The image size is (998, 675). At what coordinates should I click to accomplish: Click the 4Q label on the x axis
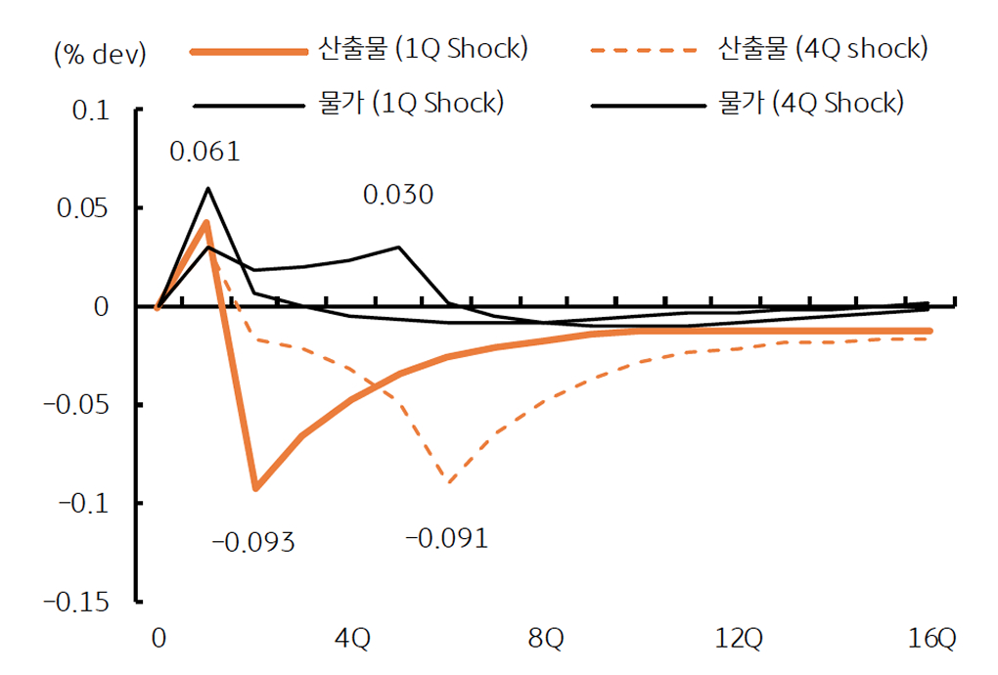(x=351, y=640)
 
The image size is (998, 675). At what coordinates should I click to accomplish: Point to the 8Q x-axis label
(x=545, y=640)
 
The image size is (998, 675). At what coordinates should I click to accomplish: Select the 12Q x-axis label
(x=739, y=640)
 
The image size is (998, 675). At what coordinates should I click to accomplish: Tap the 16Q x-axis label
(x=931, y=640)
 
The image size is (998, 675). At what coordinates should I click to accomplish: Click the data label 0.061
(x=204, y=152)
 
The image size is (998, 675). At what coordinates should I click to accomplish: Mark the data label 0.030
(x=398, y=195)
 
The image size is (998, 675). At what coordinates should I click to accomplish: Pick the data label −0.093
(x=253, y=541)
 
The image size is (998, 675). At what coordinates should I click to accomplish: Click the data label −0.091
(x=446, y=538)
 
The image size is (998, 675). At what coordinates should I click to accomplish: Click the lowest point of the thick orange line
(x=255, y=488)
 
